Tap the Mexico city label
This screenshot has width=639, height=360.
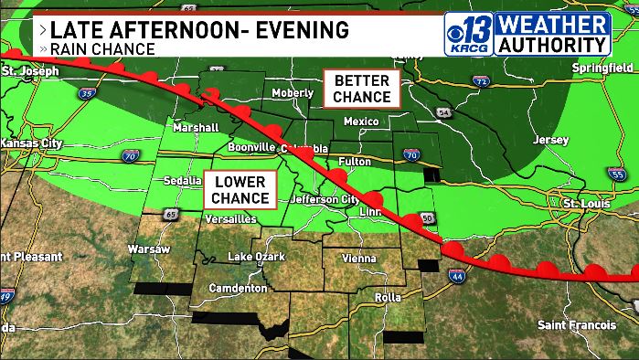[360, 122]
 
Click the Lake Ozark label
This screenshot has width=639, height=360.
[257, 256]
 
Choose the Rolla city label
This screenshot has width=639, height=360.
[389, 296]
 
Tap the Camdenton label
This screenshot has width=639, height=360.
[236, 288]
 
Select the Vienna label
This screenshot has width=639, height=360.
[358, 259]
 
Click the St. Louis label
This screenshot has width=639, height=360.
[586, 202]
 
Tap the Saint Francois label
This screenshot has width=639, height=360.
[577, 324]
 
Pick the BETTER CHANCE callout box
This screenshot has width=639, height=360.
[361, 89]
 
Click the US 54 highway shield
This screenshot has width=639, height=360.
[445, 111]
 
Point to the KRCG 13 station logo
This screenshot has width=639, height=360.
[469, 34]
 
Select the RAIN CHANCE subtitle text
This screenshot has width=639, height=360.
[101, 48]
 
